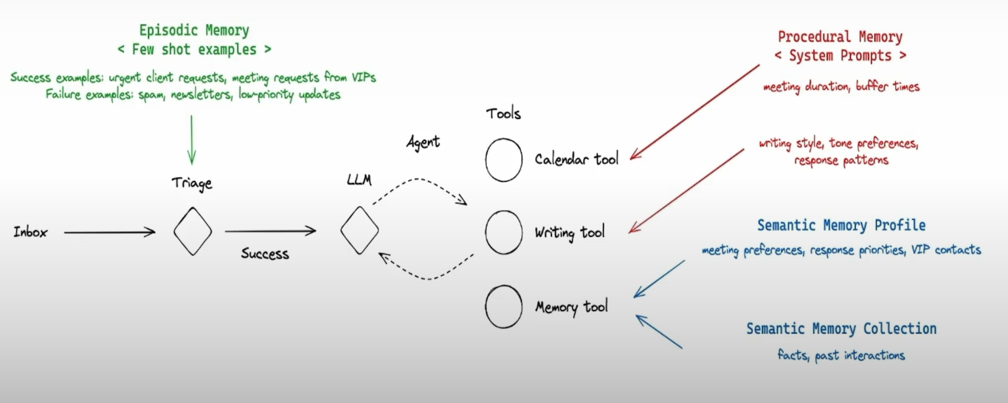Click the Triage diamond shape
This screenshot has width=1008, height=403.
[x=193, y=232]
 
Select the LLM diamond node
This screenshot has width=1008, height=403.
[x=359, y=230]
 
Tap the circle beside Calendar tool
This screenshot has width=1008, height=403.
[x=504, y=159]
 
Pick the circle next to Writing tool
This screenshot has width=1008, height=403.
[x=504, y=232]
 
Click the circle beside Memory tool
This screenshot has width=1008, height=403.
[x=504, y=306]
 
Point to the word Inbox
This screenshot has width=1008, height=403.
[x=30, y=232]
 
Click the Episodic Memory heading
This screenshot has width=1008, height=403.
[x=194, y=31]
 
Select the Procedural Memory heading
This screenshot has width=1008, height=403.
[x=840, y=37]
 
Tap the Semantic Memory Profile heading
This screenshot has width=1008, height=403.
[x=841, y=225]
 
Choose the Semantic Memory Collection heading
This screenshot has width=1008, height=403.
[x=841, y=328]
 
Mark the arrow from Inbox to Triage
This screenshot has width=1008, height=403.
[x=109, y=232]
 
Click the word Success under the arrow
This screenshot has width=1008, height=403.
[x=265, y=253]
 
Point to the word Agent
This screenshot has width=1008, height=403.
[x=423, y=142]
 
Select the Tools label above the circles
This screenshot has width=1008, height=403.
[x=503, y=114]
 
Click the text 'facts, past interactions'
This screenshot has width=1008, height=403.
[x=841, y=355]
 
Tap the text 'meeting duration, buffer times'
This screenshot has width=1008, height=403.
[x=841, y=86]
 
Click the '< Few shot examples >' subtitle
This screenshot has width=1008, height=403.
[x=194, y=50]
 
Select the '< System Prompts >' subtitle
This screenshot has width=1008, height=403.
[x=840, y=55]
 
